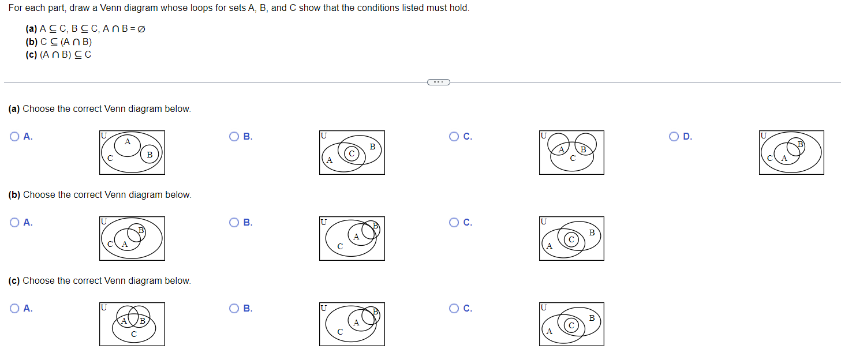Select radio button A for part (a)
14,136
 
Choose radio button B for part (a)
234,136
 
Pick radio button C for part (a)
454,136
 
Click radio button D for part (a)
674,136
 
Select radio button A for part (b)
14,222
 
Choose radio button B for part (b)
234,222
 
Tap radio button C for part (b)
454,222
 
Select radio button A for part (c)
14,308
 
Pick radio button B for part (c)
234,308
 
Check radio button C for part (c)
454,308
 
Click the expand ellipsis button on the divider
439,82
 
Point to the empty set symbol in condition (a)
141,29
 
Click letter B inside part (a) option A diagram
149,155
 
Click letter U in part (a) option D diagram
763,136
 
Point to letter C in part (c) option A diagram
134,334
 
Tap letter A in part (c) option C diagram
550,331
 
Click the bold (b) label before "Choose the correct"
14,195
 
